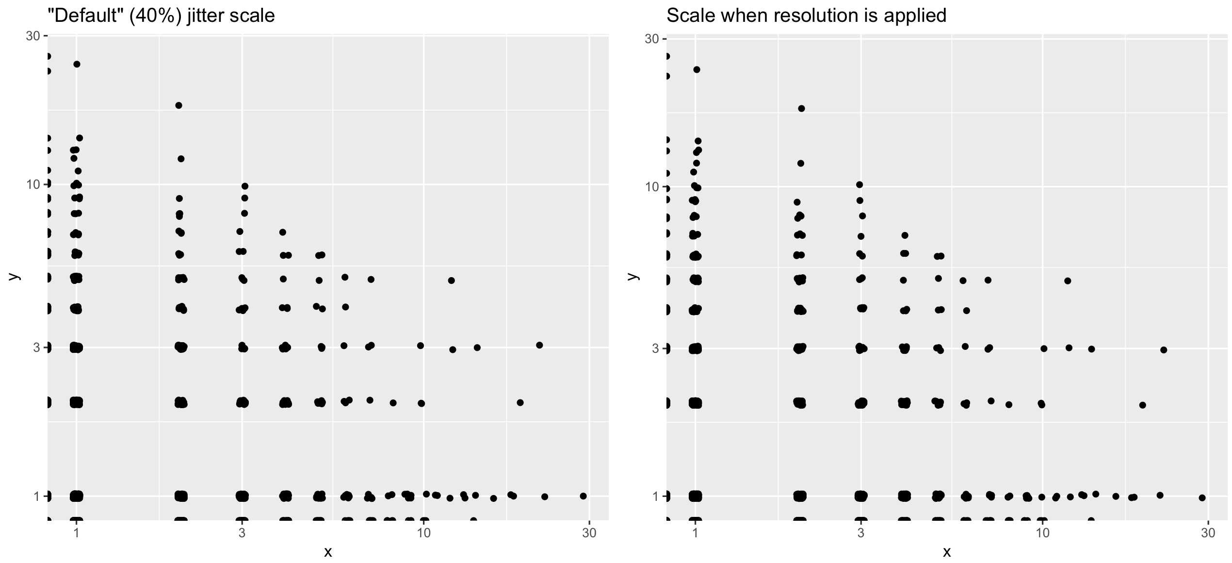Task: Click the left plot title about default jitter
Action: click(161, 16)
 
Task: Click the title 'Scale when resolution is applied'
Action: click(806, 16)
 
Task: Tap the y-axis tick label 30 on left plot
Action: click(32, 36)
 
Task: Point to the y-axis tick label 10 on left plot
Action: click(32, 184)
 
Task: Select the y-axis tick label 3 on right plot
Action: click(655, 348)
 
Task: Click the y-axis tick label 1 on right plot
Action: click(655, 497)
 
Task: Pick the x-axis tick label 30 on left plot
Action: click(589, 533)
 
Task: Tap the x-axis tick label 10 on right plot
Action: click(1042, 533)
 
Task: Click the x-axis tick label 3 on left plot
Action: click(242, 533)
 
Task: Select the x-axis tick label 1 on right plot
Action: click(695, 533)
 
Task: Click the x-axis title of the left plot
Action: click(328, 552)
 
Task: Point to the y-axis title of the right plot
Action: click(632, 277)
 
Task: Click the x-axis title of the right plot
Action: click(947, 552)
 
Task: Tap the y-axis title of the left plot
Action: click(14, 277)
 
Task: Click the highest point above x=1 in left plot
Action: click(77, 64)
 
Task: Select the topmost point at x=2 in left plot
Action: click(178, 105)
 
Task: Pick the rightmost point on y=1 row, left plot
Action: click(583, 496)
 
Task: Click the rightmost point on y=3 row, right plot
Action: click(1163, 350)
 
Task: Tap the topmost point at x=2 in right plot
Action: click(801, 108)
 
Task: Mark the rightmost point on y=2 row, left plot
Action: click(520, 402)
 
